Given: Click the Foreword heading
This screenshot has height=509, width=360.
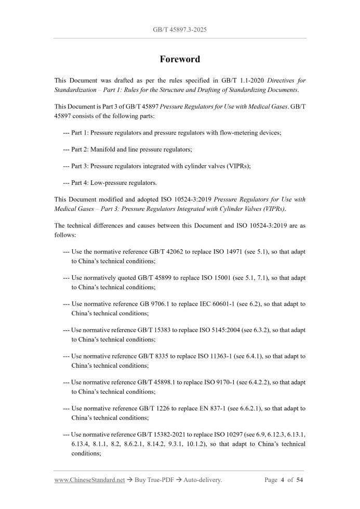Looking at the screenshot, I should (x=180, y=59).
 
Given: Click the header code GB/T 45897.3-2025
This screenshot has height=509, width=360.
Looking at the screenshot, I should (x=180, y=30).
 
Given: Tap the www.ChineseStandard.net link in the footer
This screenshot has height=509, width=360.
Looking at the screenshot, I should (x=89, y=480).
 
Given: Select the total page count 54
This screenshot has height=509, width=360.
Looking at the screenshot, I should (x=299, y=480).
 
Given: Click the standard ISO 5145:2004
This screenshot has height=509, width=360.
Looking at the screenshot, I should (x=224, y=330).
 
